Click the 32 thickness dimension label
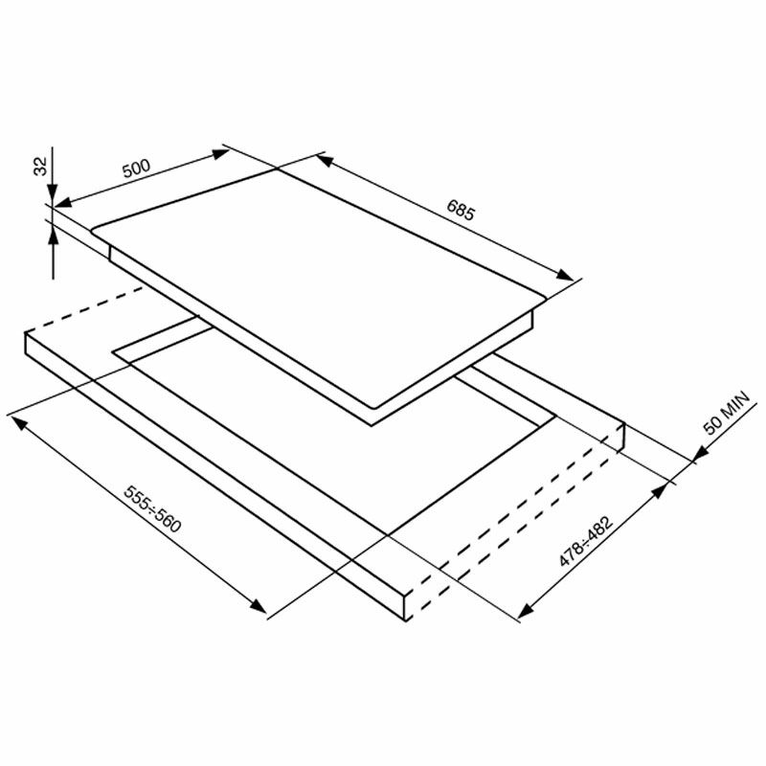(x=40, y=165)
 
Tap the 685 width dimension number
(x=461, y=210)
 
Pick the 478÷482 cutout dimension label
(x=586, y=543)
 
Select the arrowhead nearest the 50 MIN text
(x=692, y=461)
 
